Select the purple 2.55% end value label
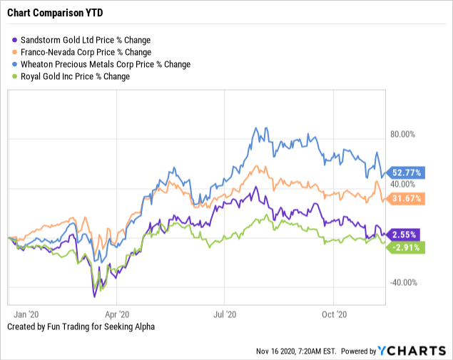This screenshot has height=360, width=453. (x=405, y=234)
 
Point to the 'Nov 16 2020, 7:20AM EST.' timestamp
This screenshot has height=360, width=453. (x=297, y=351)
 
